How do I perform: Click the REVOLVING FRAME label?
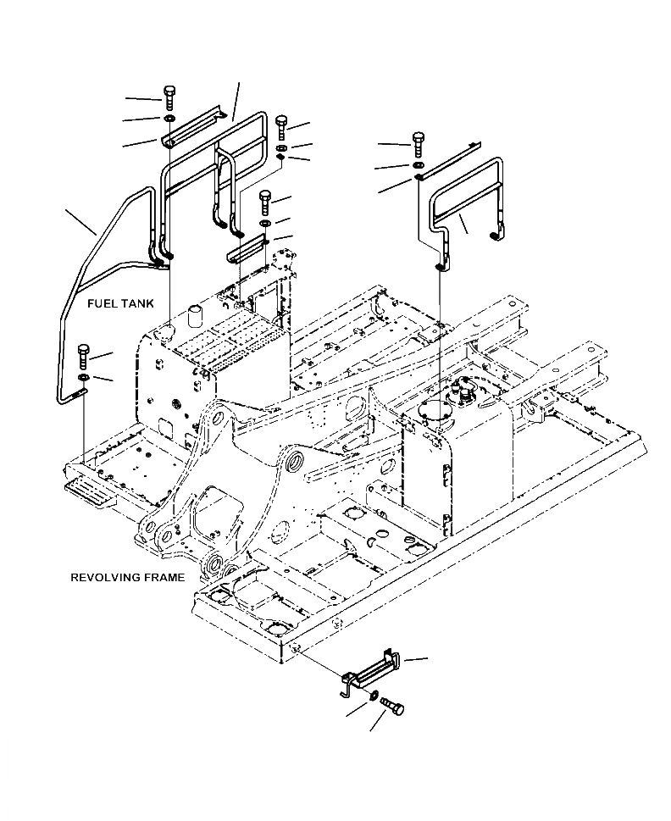click(x=127, y=577)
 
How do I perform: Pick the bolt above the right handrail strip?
click(x=418, y=141)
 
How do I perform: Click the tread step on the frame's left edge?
click(x=86, y=490)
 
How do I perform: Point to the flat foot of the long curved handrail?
click(x=78, y=392)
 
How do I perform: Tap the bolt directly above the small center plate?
click(x=263, y=201)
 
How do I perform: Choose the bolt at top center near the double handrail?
click(x=282, y=125)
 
